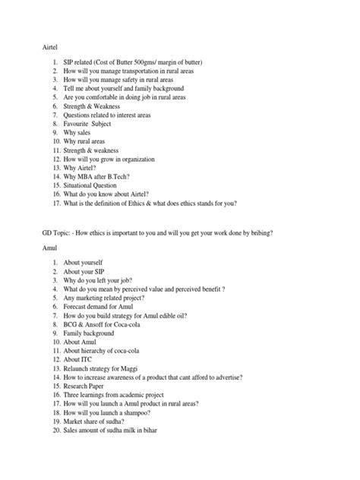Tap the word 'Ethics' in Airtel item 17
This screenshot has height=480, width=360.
pos(141,204)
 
